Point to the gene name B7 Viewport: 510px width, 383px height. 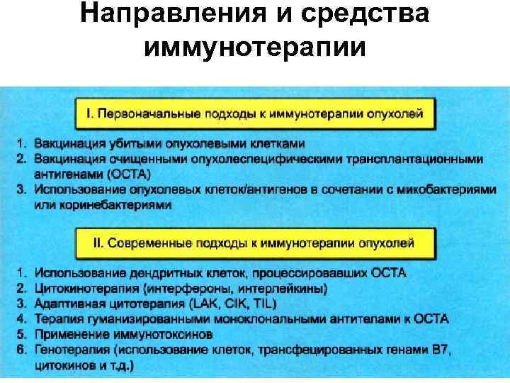click(440, 351)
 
